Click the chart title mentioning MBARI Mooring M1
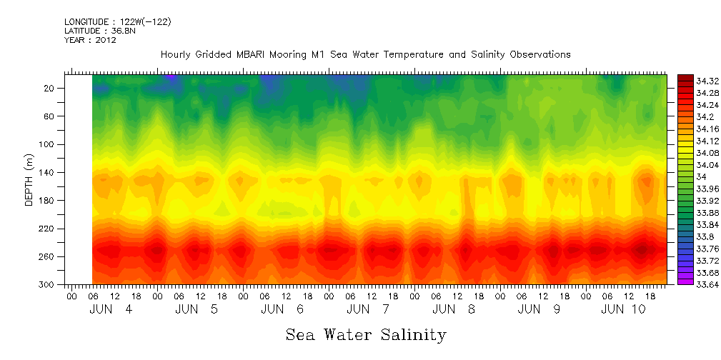point(365,54)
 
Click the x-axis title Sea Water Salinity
point(366,334)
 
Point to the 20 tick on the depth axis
point(50,88)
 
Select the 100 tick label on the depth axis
point(48,144)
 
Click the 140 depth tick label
point(48,172)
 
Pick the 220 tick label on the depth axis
point(48,229)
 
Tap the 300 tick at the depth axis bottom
point(48,284)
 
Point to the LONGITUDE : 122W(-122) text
point(117,22)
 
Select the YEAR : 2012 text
point(89,40)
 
